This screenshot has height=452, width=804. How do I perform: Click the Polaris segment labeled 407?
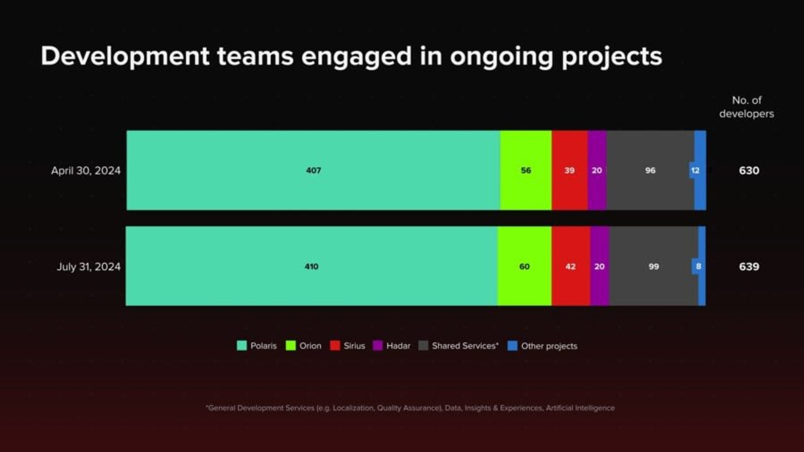click(313, 170)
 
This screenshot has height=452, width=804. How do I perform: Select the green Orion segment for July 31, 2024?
click(524, 266)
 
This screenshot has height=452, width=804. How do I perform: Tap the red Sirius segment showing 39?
click(569, 170)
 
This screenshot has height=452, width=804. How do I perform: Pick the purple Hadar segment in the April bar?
click(597, 170)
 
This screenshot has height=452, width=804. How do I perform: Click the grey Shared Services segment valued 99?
click(654, 266)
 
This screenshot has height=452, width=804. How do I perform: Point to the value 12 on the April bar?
click(695, 170)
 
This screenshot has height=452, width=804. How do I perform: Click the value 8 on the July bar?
click(698, 266)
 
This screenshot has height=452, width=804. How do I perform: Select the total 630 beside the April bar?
click(749, 170)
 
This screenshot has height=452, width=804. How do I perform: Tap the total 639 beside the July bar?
click(749, 266)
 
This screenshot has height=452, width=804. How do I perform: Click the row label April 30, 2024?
click(86, 170)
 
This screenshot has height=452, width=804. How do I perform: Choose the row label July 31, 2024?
click(89, 266)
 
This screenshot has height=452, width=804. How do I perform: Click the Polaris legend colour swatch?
click(242, 346)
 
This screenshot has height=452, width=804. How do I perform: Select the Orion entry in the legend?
click(304, 346)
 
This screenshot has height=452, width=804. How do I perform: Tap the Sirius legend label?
click(354, 346)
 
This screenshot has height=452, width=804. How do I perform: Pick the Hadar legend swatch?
click(378, 346)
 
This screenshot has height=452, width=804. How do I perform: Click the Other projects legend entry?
click(542, 346)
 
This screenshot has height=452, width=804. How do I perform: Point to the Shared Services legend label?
click(465, 346)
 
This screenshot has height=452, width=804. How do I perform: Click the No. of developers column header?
click(747, 107)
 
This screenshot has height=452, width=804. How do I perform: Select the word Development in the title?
click(125, 57)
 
